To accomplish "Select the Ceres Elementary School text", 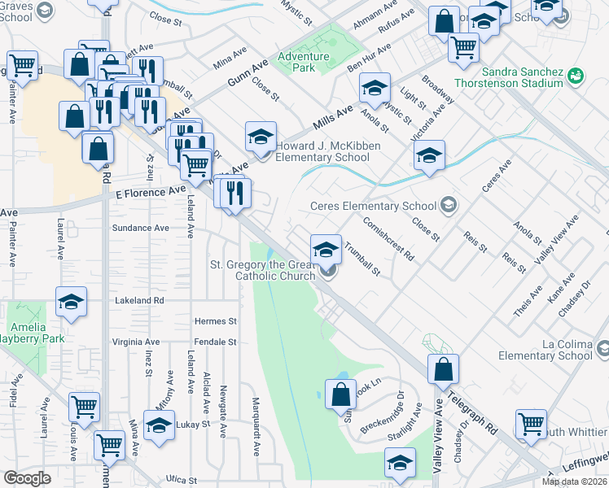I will (x=374, y=206).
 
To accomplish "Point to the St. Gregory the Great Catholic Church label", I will (x=263, y=270).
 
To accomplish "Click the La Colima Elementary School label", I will (x=553, y=350).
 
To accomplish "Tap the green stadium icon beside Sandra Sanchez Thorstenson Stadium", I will (x=576, y=76).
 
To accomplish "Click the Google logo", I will (x=27, y=478).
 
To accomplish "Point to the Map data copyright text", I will (x=575, y=481).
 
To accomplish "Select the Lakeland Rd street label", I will (x=139, y=300).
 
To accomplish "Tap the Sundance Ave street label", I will (x=140, y=229).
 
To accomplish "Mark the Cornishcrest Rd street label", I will (x=389, y=237).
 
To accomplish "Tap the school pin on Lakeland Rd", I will (x=72, y=302).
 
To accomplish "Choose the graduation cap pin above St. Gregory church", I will (x=326, y=249).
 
